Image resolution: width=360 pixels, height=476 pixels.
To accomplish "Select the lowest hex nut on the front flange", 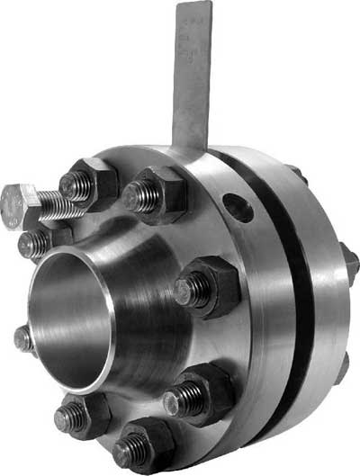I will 143,445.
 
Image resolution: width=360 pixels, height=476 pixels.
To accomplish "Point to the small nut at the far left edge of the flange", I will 23,339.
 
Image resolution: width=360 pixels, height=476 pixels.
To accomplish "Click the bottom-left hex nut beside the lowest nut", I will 81,417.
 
